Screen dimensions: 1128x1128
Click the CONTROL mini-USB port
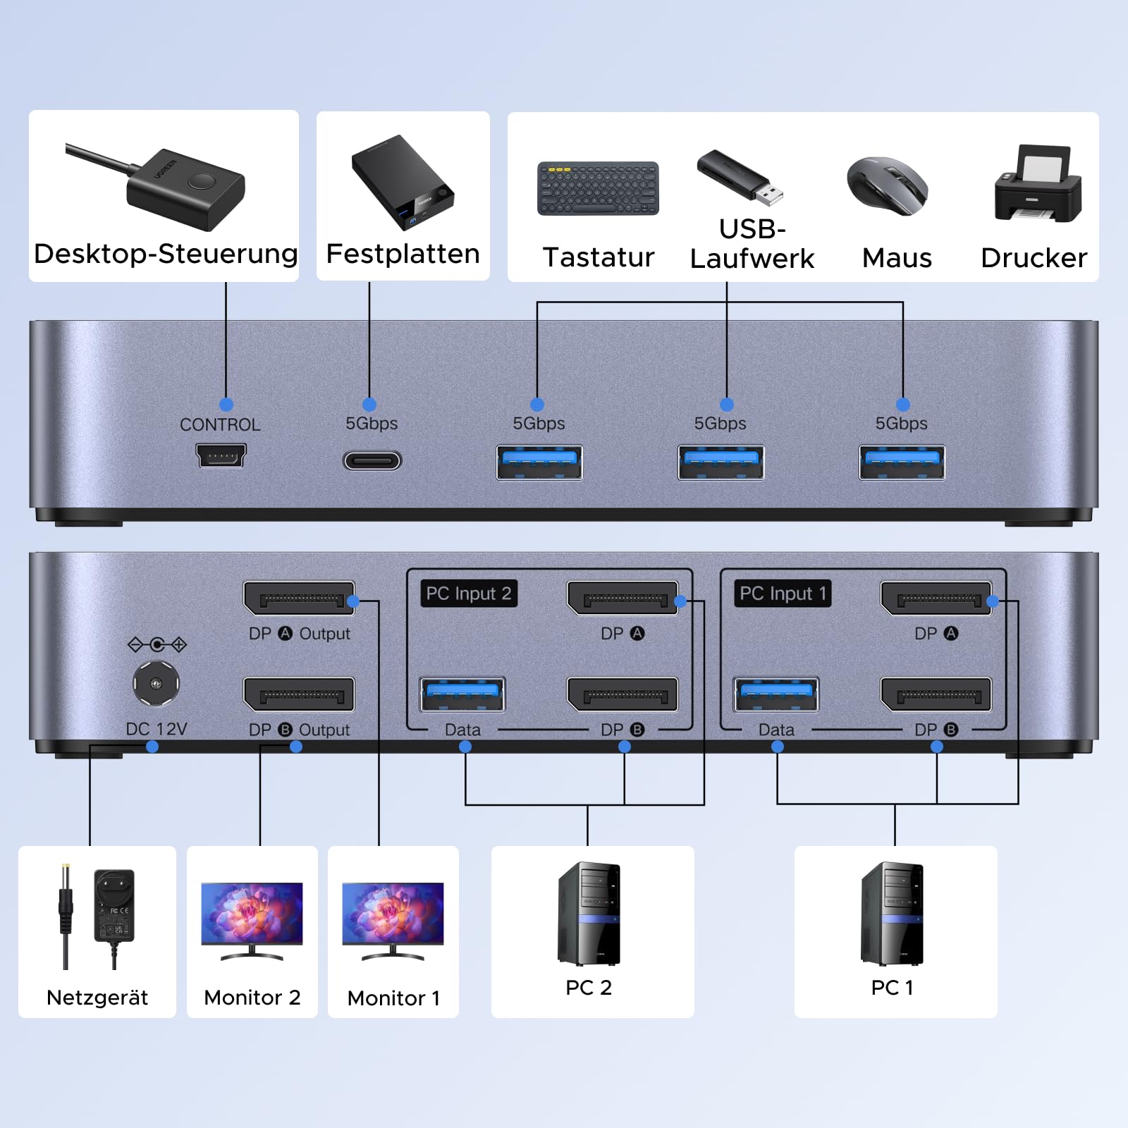[x=221, y=455]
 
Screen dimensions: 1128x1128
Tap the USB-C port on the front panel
[x=372, y=461]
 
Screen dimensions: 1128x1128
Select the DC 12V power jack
[x=157, y=683]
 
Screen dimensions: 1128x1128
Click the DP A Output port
[x=299, y=599]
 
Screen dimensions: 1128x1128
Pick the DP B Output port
[x=299, y=695]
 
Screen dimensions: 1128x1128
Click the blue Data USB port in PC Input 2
[x=462, y=694]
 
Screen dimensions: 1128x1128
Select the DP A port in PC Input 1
[x=936, y=599]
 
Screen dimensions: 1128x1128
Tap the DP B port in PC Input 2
[x=623, y=695]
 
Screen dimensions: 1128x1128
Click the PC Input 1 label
[x=783, y=594]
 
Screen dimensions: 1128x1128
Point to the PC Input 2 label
[x=469, y=594]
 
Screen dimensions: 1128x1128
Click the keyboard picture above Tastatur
[x=598, y=189]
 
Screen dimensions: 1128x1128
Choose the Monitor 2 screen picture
[x=252, y=914]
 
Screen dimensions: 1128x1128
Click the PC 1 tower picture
[x=892, y=914]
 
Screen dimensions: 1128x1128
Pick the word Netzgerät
[x=97, y=998]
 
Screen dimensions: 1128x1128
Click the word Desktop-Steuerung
[x=166, y=254]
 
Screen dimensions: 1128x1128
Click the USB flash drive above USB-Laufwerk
[x=740, y=177]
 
